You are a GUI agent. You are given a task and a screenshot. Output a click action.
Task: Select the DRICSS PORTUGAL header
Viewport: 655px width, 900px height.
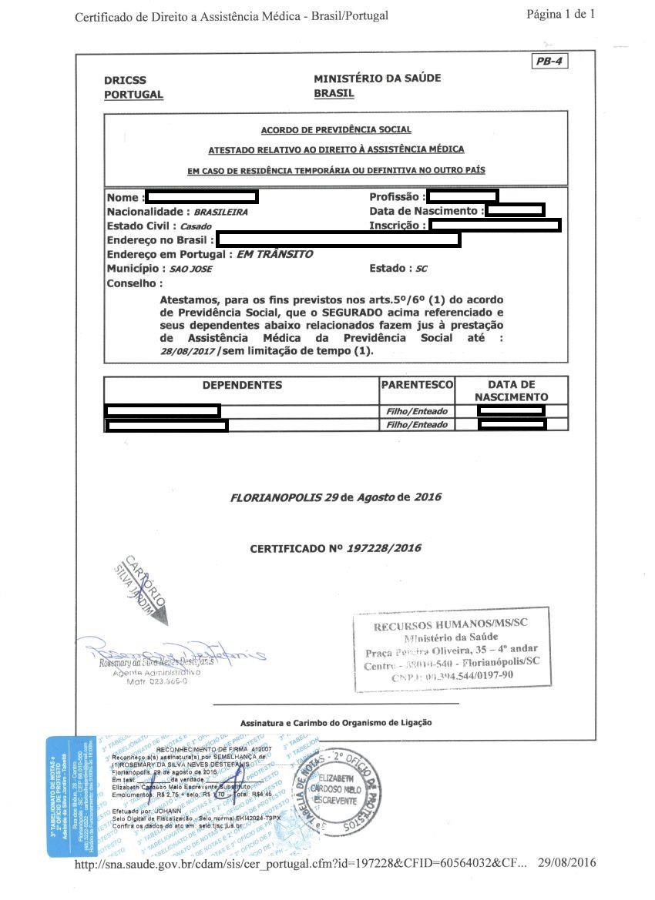tap(133, 87)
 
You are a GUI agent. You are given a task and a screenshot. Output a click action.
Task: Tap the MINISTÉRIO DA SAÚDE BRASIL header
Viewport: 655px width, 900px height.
tap(377, 85)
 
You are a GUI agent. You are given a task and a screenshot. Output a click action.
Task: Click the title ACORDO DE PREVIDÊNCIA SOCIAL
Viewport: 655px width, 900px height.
tap(336, 130)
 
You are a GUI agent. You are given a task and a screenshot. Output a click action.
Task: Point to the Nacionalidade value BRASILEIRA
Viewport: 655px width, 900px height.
tap(220, 212)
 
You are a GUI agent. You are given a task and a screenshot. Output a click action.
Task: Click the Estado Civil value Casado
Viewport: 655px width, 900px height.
tap(195, 226)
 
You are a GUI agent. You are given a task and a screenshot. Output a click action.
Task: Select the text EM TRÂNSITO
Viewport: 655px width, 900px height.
tap(274, 254)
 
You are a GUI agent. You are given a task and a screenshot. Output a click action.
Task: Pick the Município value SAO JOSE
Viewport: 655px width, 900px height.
tap(190, 269)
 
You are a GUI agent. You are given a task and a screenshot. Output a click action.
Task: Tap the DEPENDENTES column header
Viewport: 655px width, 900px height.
tap(242, 385)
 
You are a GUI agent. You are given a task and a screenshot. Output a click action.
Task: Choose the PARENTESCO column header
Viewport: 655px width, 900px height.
tap(417, 385)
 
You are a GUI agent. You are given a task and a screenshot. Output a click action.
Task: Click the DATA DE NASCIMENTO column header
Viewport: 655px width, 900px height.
tap(511, 390)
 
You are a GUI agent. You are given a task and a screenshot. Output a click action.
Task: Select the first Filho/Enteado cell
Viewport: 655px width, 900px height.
tap(416, 411)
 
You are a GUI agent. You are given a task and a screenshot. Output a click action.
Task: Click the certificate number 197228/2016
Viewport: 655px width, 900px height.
tap(384, 548)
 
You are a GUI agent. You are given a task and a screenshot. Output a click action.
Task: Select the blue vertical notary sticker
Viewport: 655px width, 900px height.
tap(70, 796)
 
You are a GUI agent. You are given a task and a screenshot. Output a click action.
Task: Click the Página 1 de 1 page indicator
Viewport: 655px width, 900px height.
tap(560, 14)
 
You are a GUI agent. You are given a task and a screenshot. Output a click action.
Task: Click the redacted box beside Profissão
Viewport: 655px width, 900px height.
tap(462, 196)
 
